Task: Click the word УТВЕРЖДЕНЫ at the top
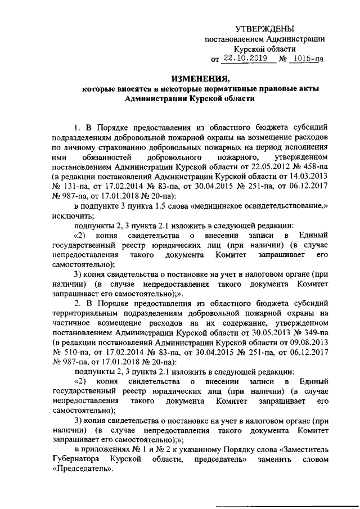(x=264, y=29)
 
